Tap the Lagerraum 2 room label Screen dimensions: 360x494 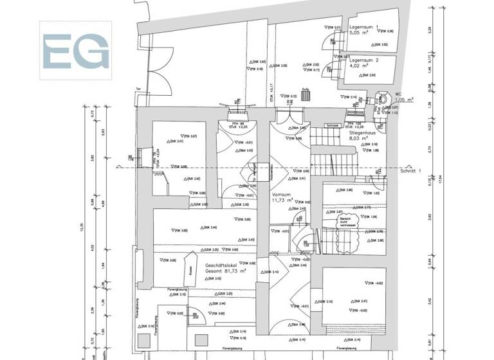(x=363, y=59)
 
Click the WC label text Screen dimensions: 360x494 (x=399, y=94)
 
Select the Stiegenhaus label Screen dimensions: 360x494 (x=363, y=132)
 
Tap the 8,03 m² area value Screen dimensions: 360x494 (x=359, y=138)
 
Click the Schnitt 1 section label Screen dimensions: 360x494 (x=410, y=172)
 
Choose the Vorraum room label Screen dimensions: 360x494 (x=282, y=194)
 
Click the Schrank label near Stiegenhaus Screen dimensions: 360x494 (x=333, y=125)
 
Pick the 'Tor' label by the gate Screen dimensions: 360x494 (x=138, y=90)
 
